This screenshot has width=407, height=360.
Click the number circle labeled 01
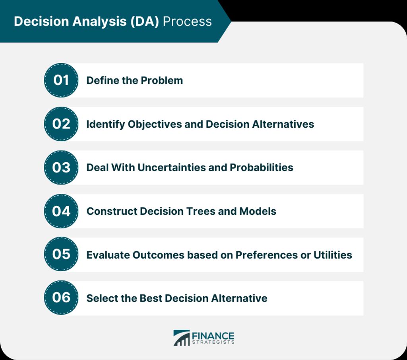[x=61, y=80]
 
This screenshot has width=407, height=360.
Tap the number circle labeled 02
[x=61, y=124]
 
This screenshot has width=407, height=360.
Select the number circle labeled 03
[x=61, y=167]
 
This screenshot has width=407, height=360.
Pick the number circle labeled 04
[x=61, y=211]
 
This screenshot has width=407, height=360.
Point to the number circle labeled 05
[x=61, y=254]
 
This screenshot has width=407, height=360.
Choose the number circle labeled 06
[x=61, y=298]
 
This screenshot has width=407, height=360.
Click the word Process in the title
[x=187, y=21]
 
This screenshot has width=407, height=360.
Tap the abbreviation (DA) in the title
[x=144, y=21]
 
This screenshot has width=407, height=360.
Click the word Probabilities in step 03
[x=262, y=167]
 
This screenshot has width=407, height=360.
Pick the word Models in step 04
[x=258, y=212]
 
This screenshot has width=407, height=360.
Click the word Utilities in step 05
[x=333, y=255]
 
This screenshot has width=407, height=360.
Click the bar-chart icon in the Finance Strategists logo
[x=181, y=338]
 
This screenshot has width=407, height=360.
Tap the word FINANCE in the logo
[x=213, y=336]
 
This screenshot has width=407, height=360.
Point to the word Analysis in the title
[x=99, y=21]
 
